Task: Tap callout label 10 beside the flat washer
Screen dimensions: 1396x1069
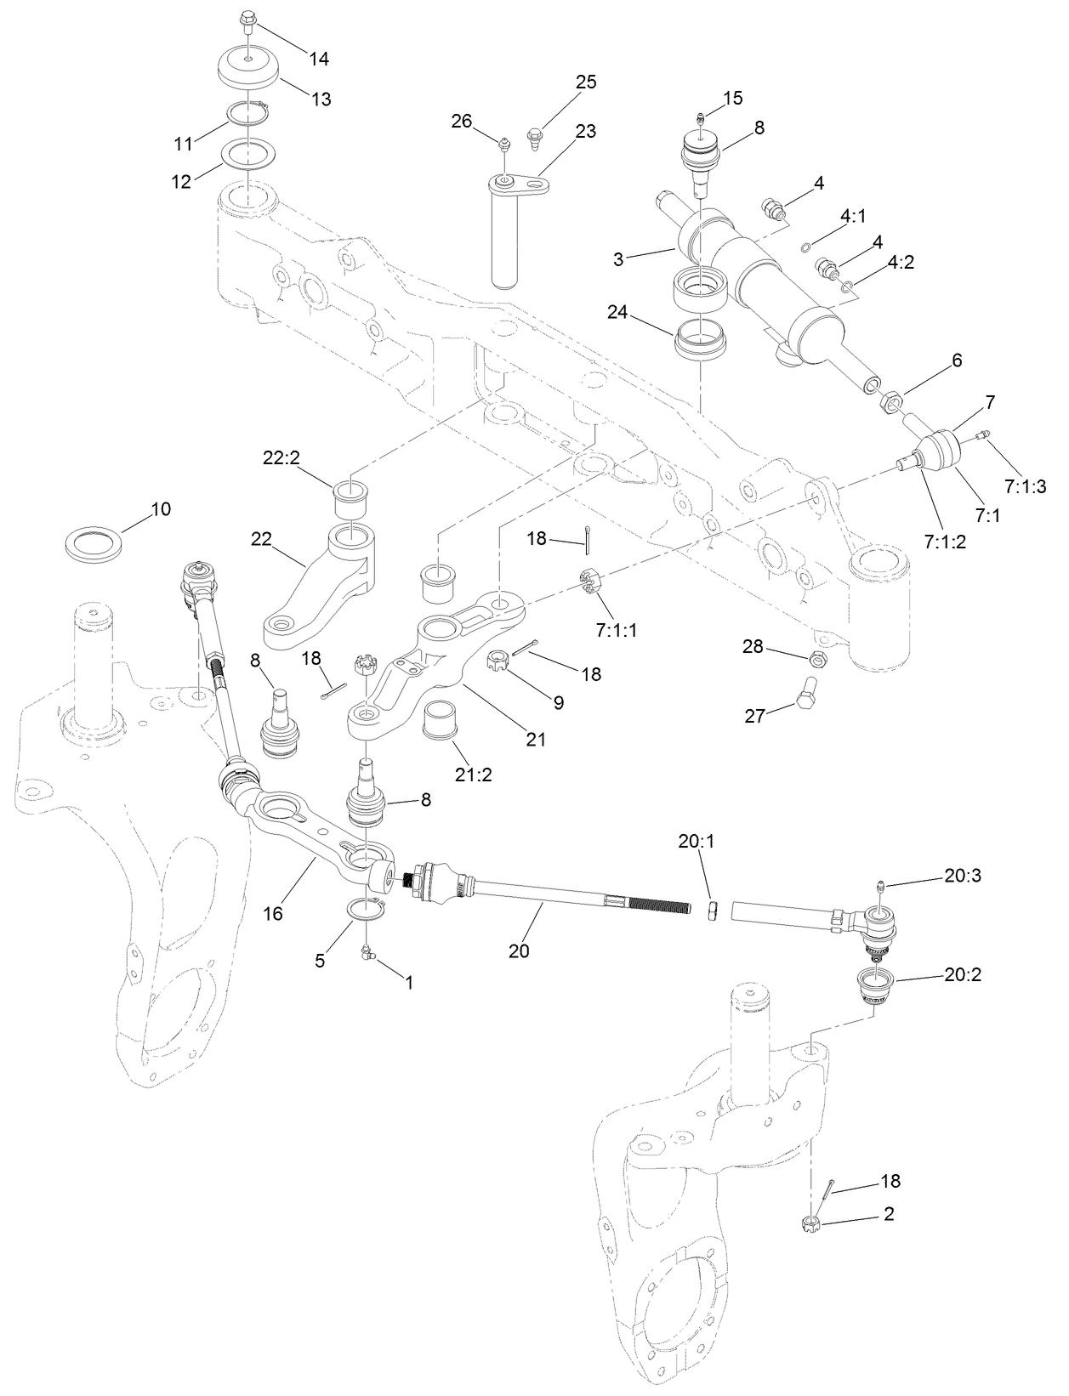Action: tap(161, 509)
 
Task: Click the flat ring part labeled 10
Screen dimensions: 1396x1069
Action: tap(95, 542)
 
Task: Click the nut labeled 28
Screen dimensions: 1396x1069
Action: tap(814, 657)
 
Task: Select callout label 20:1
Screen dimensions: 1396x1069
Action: tap(697, 841)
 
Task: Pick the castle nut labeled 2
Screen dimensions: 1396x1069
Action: tap(810, 1224)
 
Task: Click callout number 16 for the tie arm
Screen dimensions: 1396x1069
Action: tap(272, 914)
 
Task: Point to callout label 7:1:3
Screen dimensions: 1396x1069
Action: tap(1025, 486)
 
